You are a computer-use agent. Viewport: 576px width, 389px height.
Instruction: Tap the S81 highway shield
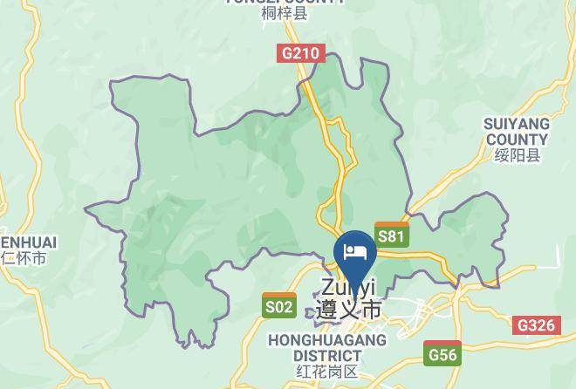[391, 235]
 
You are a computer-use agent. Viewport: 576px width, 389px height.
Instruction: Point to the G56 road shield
[443, 354]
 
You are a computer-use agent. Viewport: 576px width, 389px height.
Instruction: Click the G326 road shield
[536, 325]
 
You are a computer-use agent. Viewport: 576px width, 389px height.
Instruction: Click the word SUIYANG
[516, 125]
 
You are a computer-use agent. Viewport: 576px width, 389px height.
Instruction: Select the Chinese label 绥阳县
[517, 155]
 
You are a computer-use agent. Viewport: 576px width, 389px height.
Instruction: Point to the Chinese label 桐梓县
[285, 14]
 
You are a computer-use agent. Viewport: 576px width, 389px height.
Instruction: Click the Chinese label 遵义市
[349, 310]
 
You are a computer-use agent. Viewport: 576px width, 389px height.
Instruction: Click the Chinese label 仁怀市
[24, 258]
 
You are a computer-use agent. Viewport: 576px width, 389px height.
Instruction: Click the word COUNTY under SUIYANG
[517, 140]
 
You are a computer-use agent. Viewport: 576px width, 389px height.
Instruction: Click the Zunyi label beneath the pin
[347, 288]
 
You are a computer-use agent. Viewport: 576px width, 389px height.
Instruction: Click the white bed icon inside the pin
[354, 251]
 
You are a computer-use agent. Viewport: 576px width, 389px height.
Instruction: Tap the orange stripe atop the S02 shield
[279, 296]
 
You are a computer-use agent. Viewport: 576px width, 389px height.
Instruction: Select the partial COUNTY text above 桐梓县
[285, 2]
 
